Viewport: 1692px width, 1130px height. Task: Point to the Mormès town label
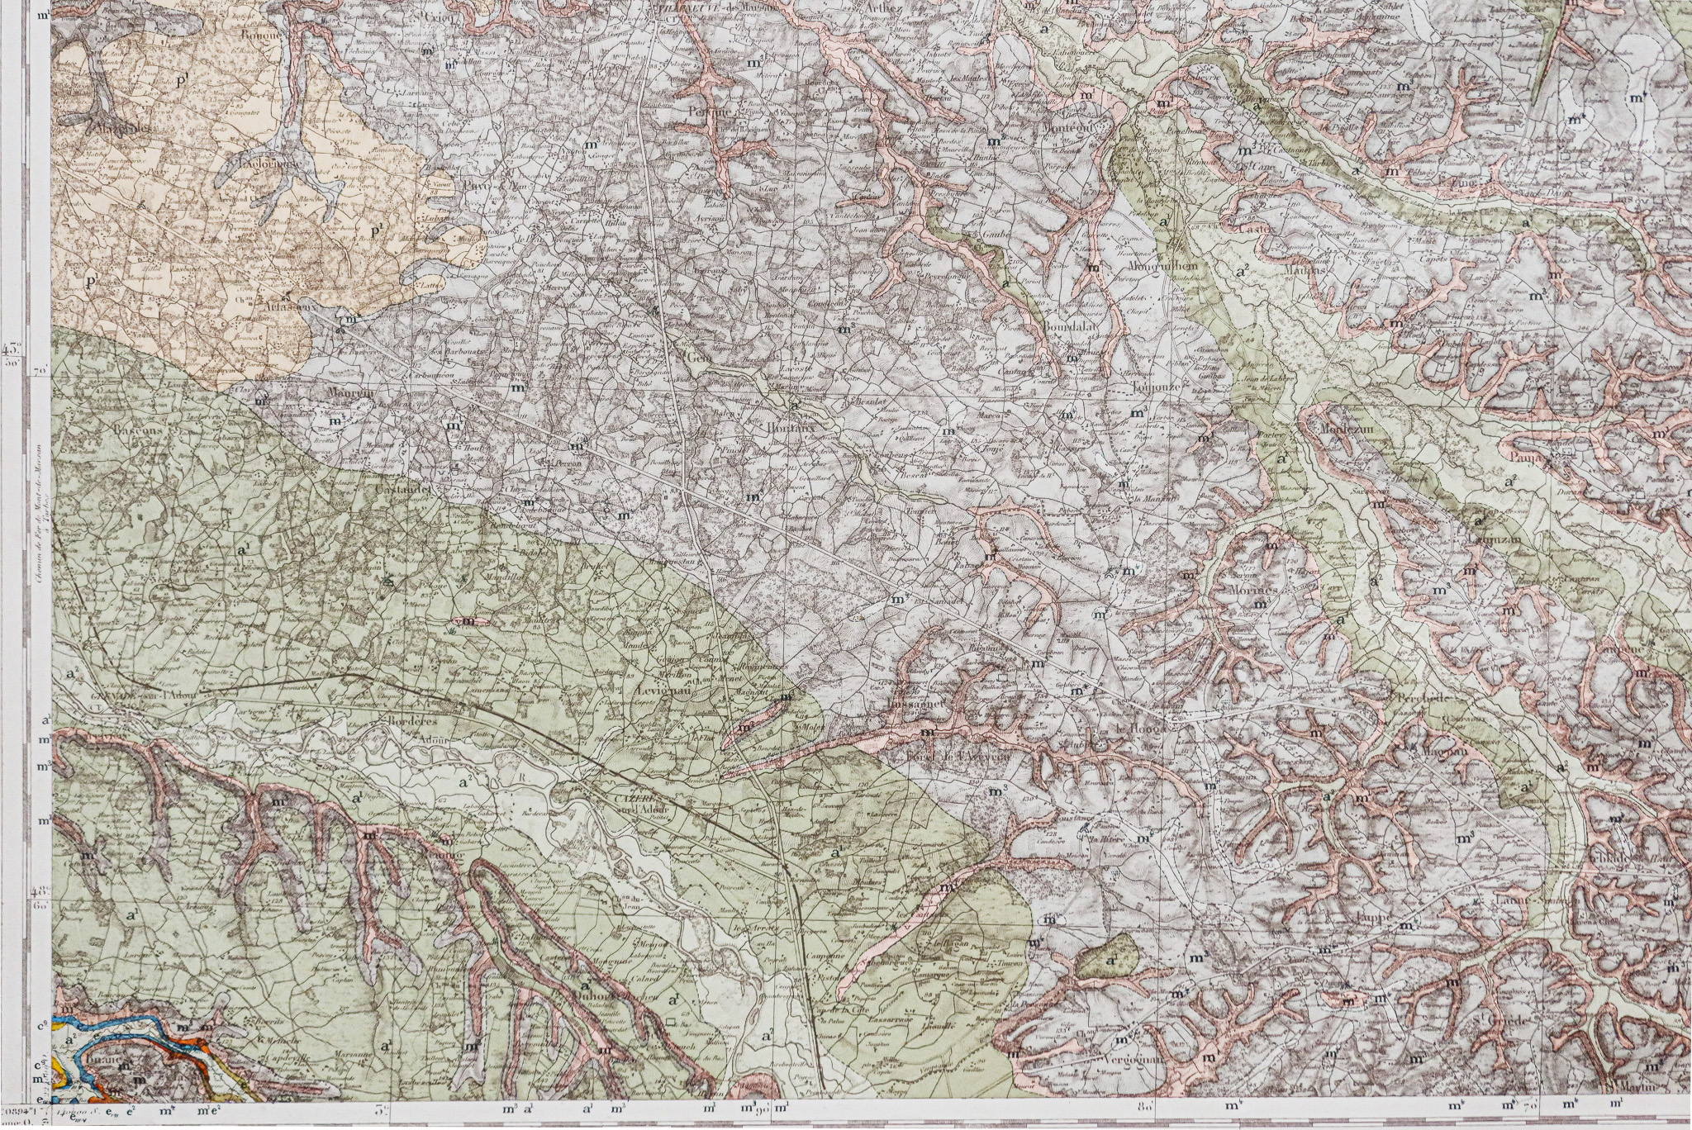point(1253,591)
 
